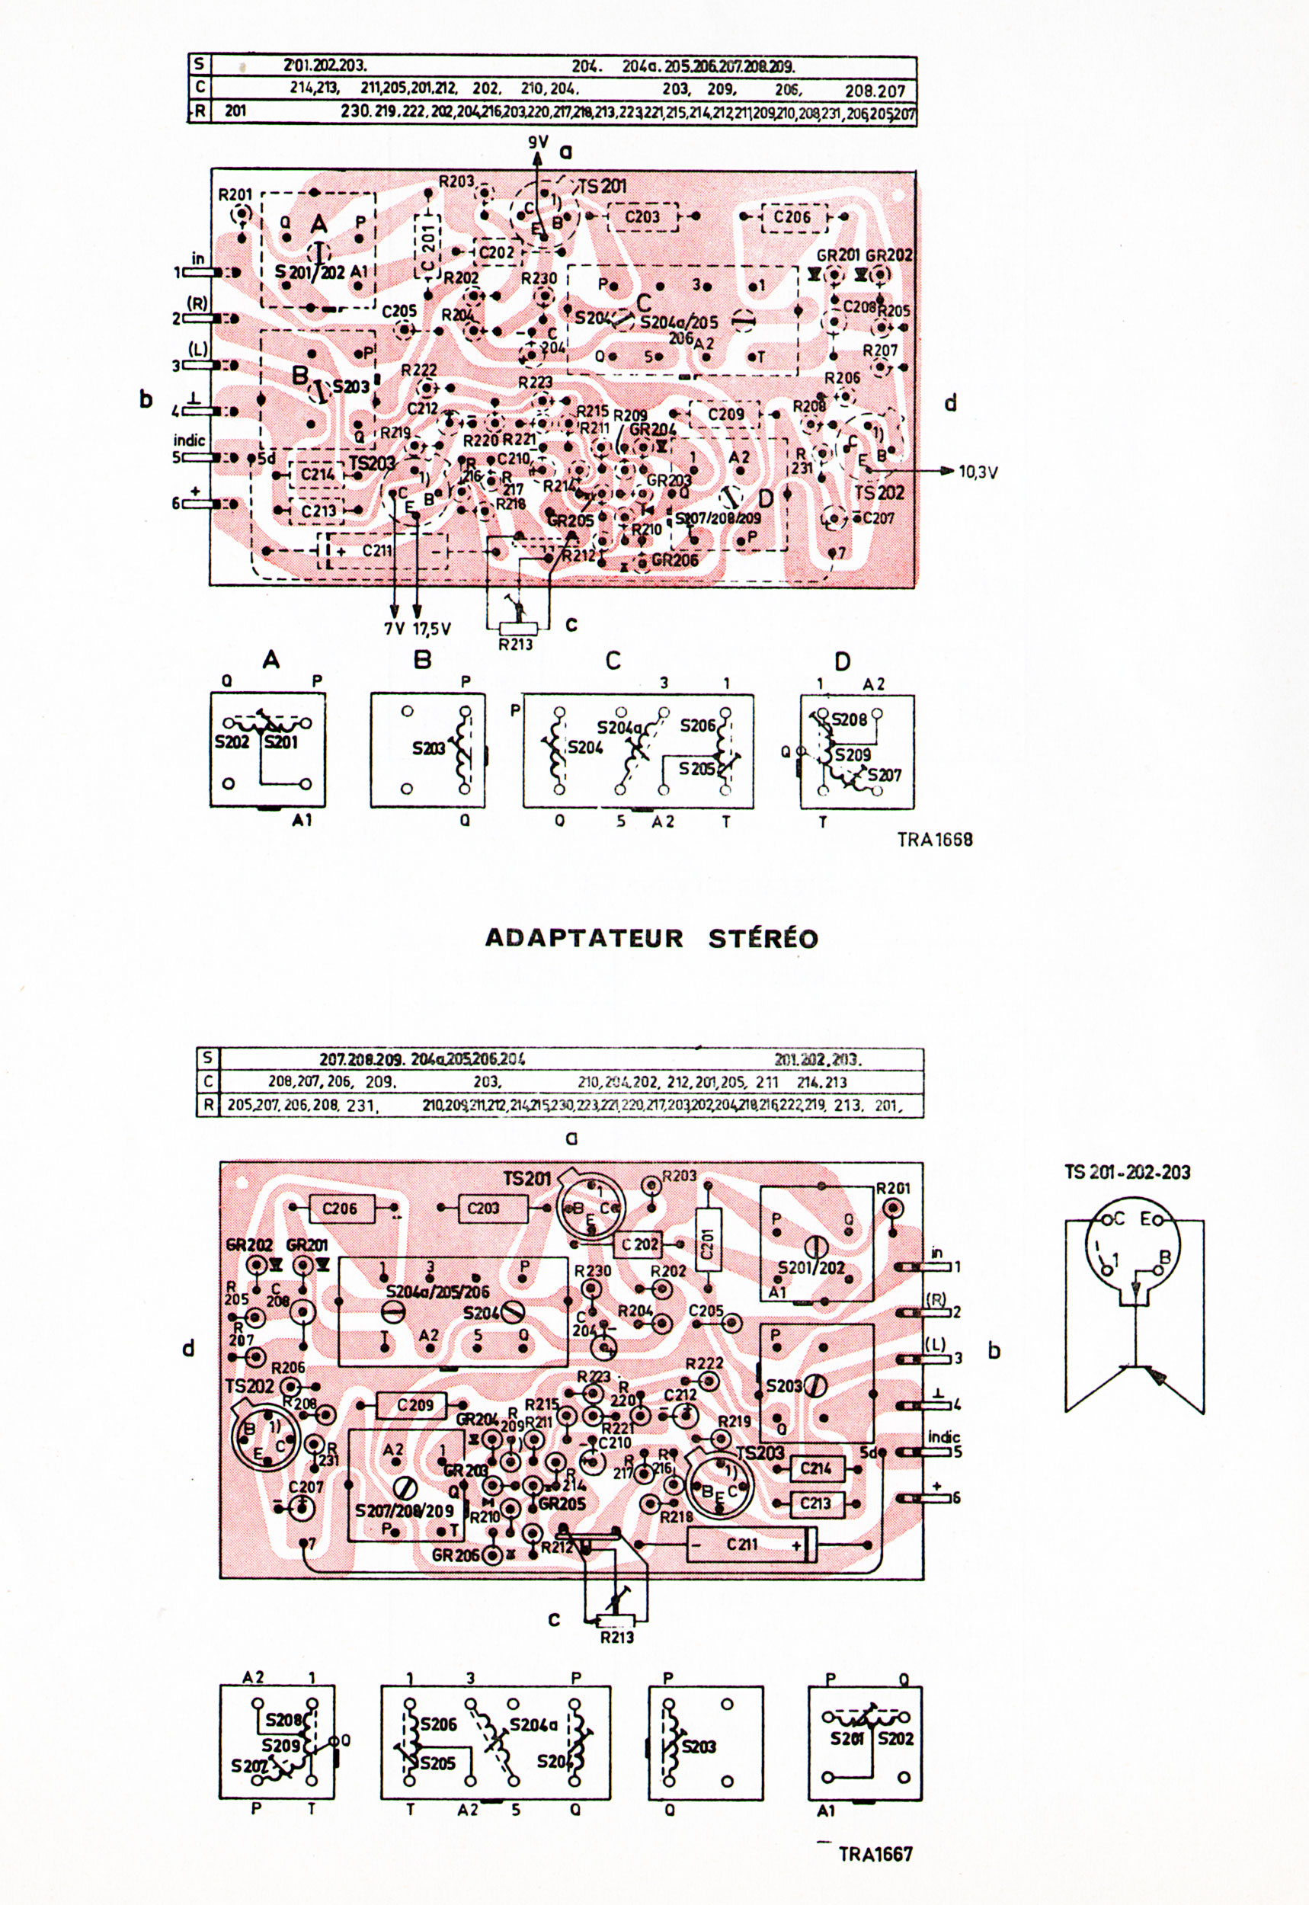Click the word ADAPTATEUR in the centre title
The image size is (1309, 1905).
pyautogui.click(x=584, y=938)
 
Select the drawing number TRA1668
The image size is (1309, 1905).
pyautogui.click(x=934, y=839)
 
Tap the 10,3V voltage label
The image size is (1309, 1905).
pyautogui.click(x=978, y=472)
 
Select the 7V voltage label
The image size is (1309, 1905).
pyautogui.click(x=395, y=628)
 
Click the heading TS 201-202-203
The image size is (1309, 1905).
pyautogui.click(x=1128, y=1172)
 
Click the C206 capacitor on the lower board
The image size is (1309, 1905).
pyautogui.click(x=340, y=1208)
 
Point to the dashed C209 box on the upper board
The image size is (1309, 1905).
pyautogui.click(x=725, y=414)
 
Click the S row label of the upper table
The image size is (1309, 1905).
pyautogui.click(x=200, y=64)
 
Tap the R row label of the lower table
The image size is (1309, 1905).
pyautogui.click(x=207, y=1105)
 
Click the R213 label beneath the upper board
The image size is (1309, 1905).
pyautogui.click(x=516, y=645)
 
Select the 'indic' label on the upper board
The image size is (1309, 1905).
pyautogui.click(x=190, y=440)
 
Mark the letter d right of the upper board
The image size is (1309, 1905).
pyautogui.click(x=951, y=402)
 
